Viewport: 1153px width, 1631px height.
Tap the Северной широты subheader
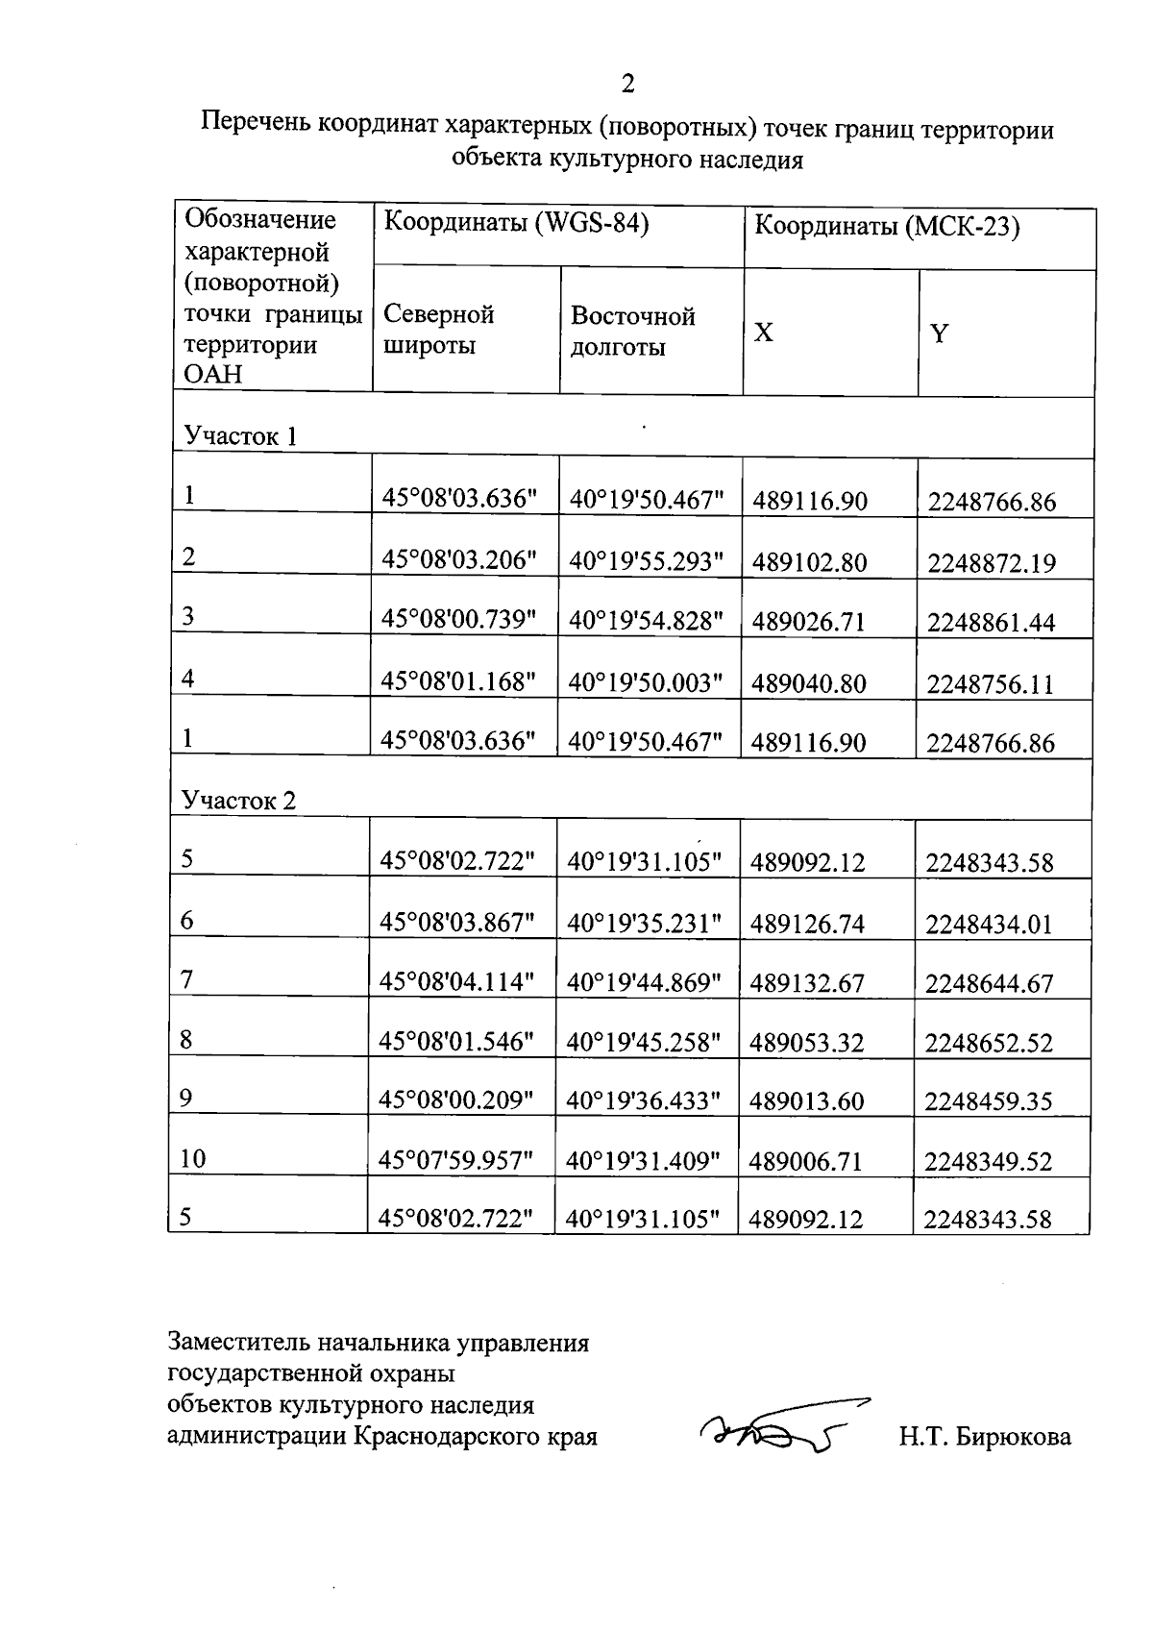pos(438,329)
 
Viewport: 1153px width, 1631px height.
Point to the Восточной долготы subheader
pos(632,331)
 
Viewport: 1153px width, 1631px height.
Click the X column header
pos(763,333)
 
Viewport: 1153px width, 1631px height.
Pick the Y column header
pos(939,334)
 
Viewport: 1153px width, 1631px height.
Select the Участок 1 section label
pos(240,436)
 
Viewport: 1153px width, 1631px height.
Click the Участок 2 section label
pos(239,801)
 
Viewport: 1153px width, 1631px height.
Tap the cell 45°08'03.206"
pos(458,560)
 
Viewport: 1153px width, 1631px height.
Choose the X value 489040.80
pos(809,683)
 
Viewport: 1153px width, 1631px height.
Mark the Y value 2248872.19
pos(991,563)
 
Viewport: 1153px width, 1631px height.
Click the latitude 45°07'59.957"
pos(455,1160)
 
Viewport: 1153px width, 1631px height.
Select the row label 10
pos(193,1159)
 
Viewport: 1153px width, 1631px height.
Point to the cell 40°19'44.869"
pos(644,982)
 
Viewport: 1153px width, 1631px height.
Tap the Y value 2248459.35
pos(989,1101)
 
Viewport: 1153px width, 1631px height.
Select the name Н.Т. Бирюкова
pos(985,1437)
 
